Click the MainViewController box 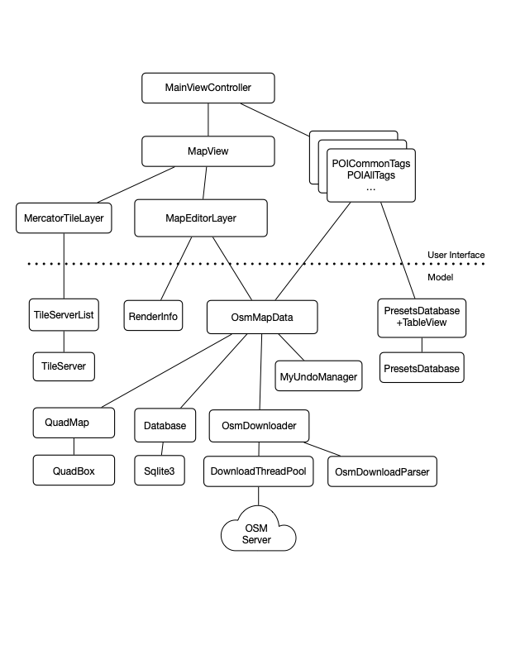tap(208, 87)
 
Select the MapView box tap(208, 152)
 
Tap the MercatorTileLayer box tap(64, 218)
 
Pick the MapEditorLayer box tap(201, 218)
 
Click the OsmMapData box tap(261, 316)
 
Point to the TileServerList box tap(64, 315)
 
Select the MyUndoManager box tap(317, 377)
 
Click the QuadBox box tap(74, 471)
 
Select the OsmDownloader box tap(259, 425)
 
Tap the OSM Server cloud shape tap(257, 534)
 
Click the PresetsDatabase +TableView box tap(422, 317)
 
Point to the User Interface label tap(456, 255)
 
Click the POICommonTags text tap(371, 164)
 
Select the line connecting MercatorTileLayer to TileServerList tap(64, 265)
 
